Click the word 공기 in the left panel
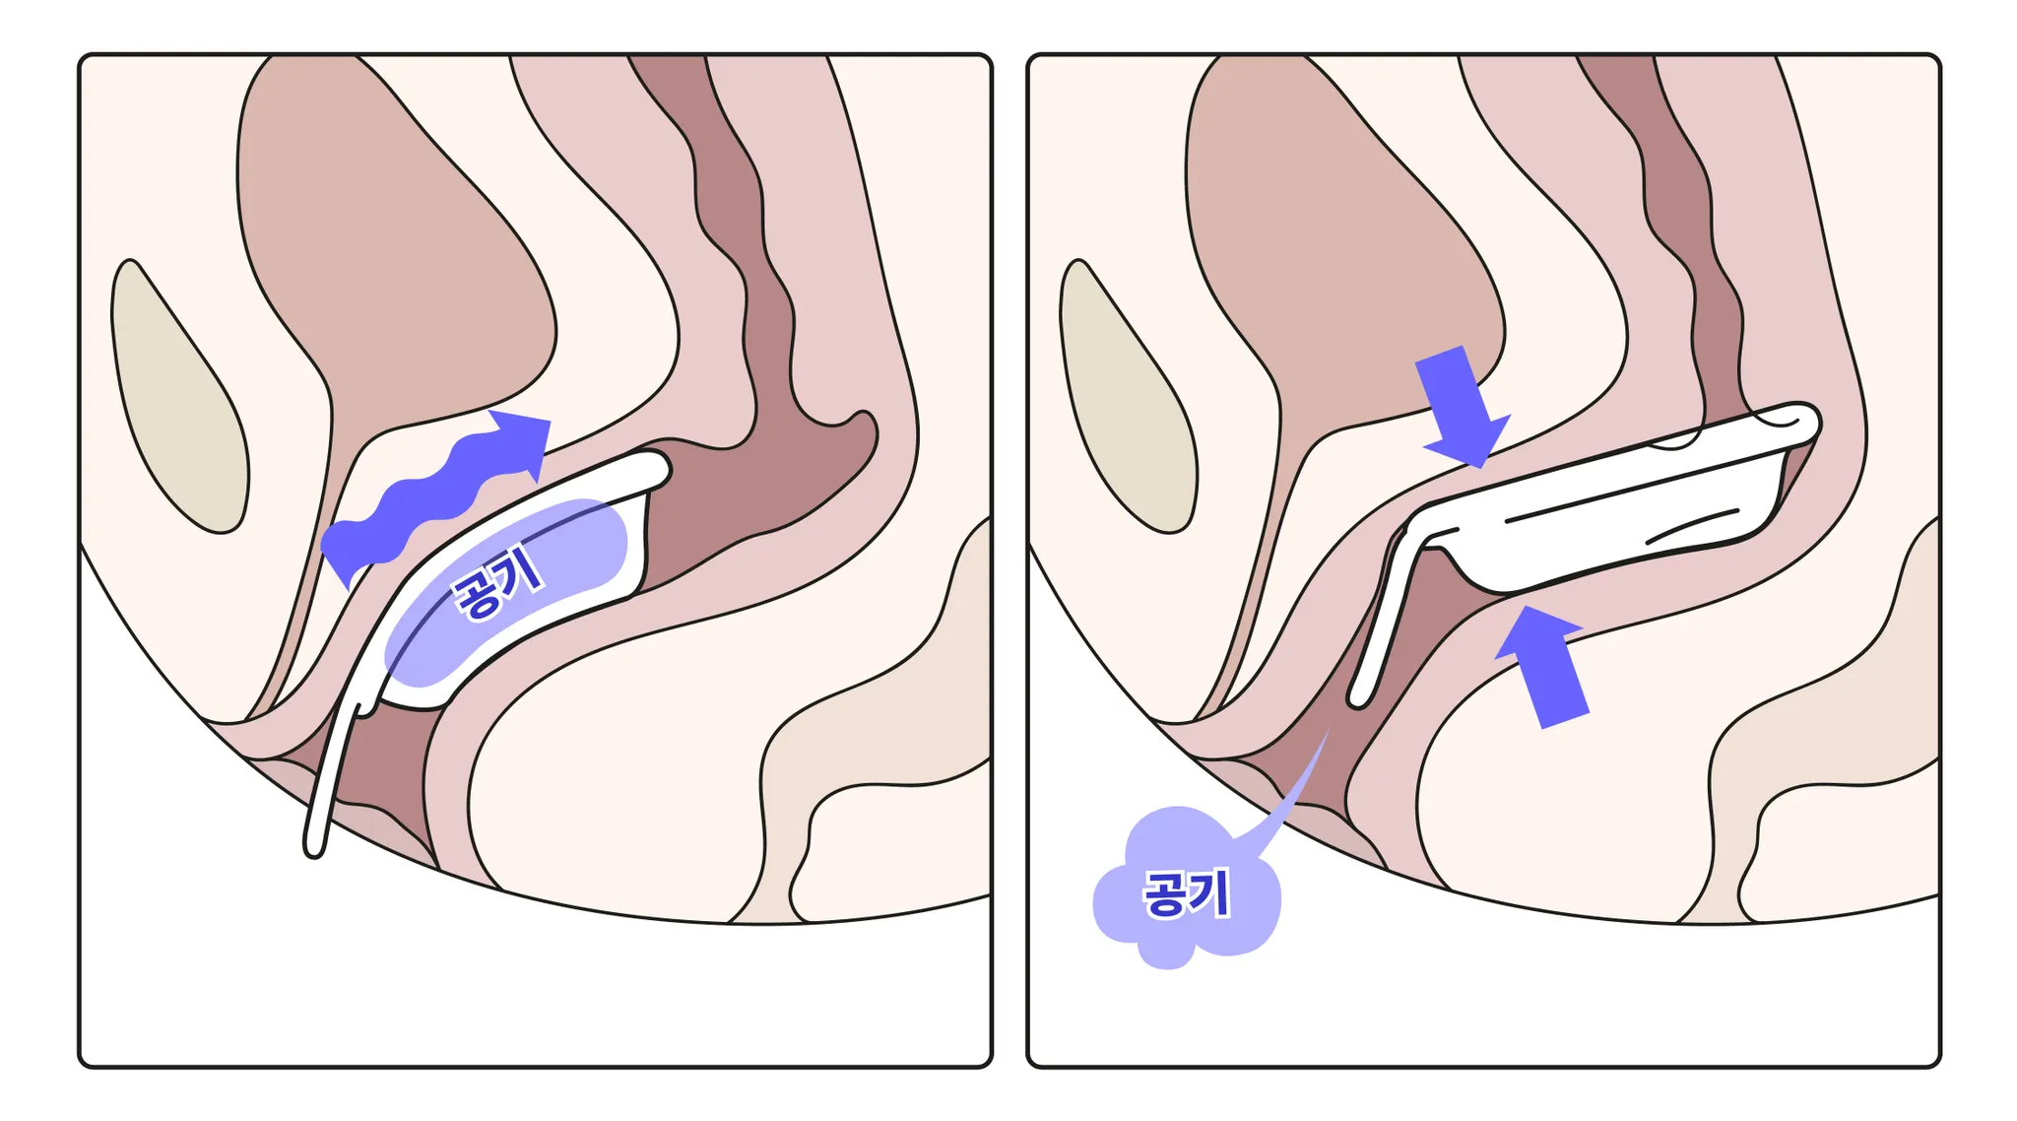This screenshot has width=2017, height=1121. point(497,582)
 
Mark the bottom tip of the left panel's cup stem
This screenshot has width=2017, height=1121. point(314,846)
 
